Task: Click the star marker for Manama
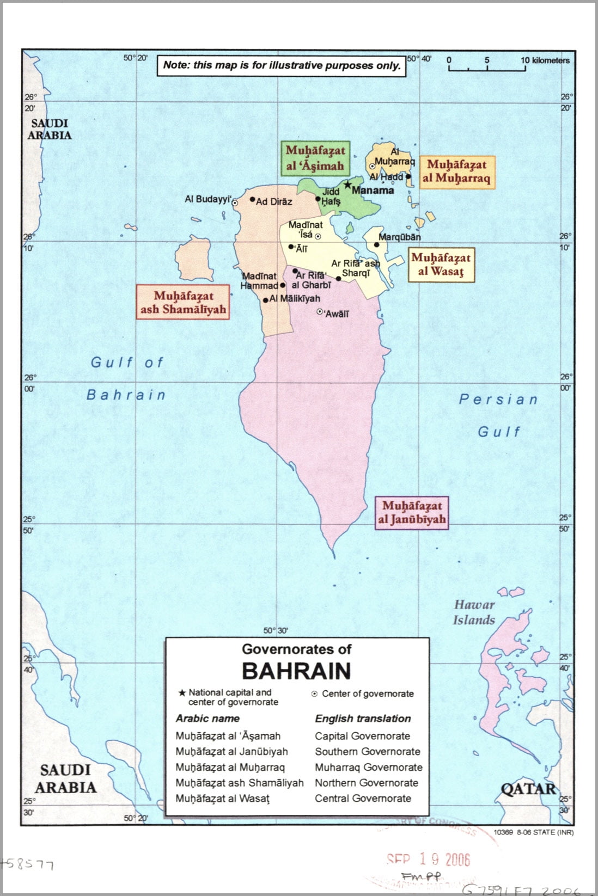[347, 185]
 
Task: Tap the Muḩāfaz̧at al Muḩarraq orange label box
[457, 171]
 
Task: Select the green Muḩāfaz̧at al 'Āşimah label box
[315, 158]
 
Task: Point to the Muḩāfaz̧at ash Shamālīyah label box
[183, 302]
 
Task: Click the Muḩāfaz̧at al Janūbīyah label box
[412, 512]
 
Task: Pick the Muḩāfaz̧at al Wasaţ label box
[441, 265]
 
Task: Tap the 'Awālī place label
[337, 314]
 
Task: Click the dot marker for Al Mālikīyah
[265, 300]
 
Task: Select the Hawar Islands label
[474, 612]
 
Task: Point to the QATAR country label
[528, 789]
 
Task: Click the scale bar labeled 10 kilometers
[487, 69]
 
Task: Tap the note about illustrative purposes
[282, 65]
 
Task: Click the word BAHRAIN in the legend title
[296, 671]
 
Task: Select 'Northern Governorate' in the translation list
[367, 783]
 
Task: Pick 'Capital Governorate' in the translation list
[362, 736]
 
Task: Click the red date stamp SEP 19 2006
[428, 860]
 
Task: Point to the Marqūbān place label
[400, 237]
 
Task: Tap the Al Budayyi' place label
[208, 199]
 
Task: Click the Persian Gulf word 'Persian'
[498, 400]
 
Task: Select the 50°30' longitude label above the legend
[276, 630]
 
